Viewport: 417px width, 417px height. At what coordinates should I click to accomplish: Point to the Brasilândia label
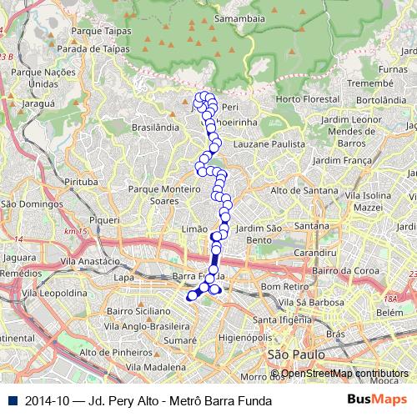tap(155, 128)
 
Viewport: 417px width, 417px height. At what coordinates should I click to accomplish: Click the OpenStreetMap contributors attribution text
tap(344, 374)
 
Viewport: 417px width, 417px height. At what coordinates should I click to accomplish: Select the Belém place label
tap(389, 311)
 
